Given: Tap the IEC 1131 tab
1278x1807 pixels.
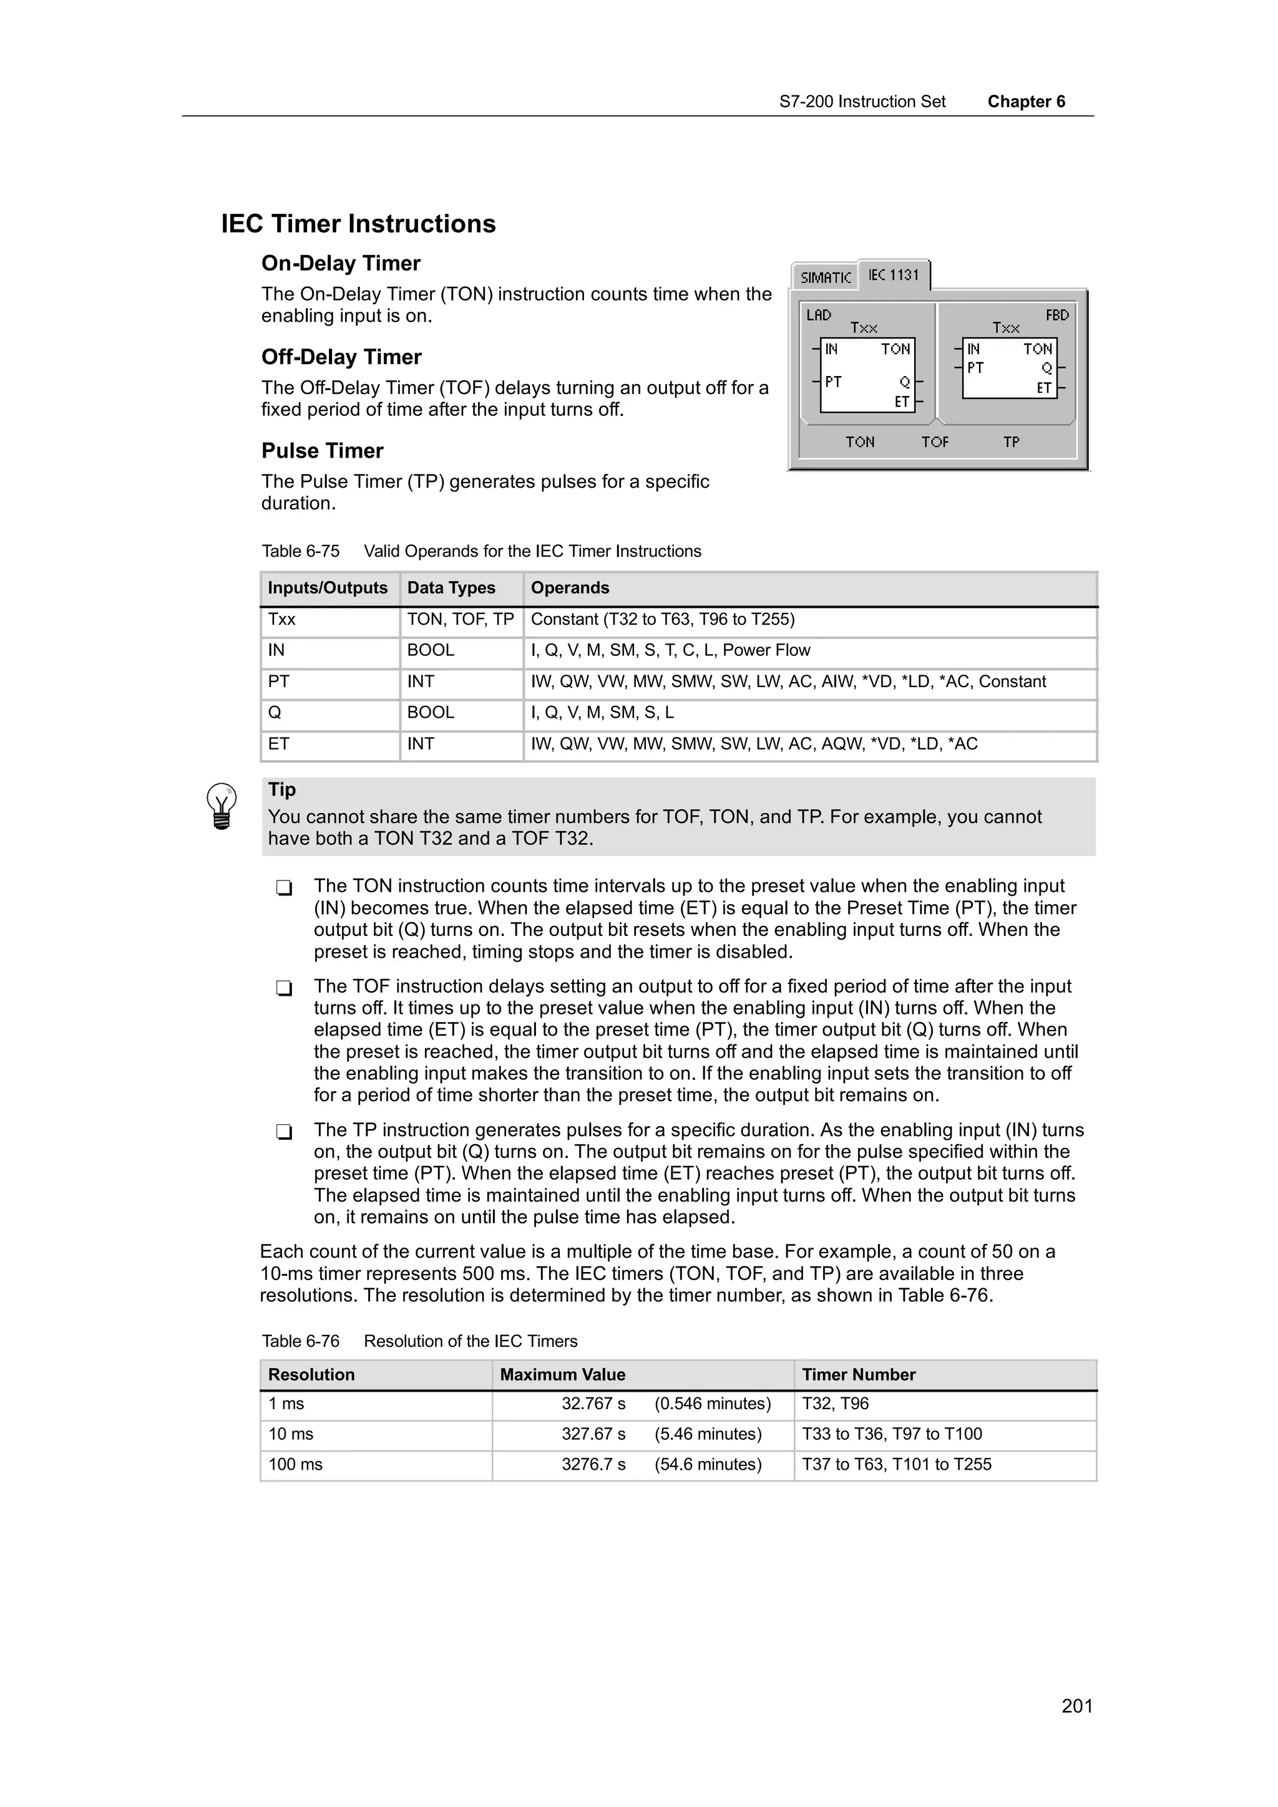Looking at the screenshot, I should point(894,275).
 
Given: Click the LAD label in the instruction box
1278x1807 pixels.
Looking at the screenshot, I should point(819,316).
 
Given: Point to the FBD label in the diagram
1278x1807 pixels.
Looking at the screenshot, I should point(1056,316).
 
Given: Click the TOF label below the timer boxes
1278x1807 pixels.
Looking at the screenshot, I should point(935,442).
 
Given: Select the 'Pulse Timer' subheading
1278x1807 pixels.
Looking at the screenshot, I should point(322,451).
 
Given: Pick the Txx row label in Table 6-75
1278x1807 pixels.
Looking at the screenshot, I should point(282,619).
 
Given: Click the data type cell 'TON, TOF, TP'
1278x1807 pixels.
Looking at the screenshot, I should point(460,619).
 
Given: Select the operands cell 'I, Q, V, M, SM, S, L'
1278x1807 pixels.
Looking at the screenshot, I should point(602,713).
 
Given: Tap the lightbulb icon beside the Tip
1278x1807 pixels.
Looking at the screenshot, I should point(222,806).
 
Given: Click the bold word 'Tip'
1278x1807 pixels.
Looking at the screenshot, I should point(282,789).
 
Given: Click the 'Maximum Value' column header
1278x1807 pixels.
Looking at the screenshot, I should point(562,1375).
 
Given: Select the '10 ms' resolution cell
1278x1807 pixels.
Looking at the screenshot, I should point(291,1434).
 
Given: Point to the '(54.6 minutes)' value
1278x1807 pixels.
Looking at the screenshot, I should point(708,1465).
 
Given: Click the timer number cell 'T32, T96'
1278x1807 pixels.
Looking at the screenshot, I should point(835,1404).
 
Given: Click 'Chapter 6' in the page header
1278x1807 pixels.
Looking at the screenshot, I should point(1026,102).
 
